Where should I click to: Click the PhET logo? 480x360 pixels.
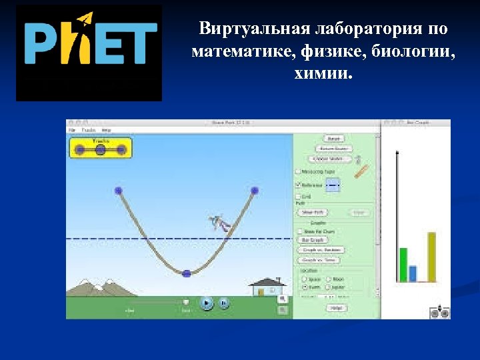coord(89,53)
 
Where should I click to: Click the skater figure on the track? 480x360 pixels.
coord(219,223)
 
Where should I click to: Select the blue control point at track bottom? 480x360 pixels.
coord(187,273)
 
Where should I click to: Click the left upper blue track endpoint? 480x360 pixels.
coord(119,191)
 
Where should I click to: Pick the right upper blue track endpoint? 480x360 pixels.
coord(254,191)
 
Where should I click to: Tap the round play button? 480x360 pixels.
coord(207,303)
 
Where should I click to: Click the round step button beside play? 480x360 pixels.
coord(224,303)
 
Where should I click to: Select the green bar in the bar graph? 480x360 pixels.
coord(403,265)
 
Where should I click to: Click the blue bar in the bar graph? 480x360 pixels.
coord(413,273)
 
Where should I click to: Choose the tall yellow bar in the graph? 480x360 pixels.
coord(431,257)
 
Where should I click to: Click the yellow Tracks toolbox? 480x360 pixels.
coord(101,148)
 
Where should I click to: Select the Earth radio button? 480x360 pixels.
coord(305,287)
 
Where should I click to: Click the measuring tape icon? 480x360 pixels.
coord(362,171)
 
